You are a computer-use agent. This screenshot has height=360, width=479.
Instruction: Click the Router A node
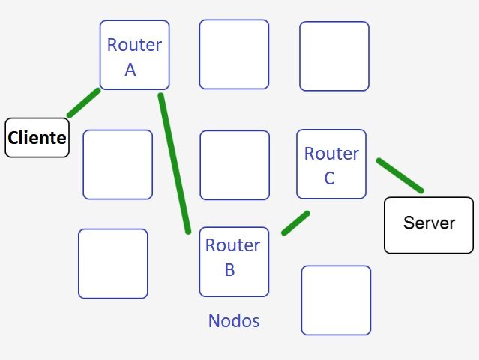point(134,55)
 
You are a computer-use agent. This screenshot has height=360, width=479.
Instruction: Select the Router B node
point(233,262)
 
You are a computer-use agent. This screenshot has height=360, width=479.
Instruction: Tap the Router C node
point(331,164)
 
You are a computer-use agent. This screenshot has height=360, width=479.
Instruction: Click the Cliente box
point(37,137)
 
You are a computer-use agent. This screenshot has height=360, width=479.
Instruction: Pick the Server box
point(428,224)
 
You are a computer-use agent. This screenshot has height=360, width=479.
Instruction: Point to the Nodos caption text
point(234,321)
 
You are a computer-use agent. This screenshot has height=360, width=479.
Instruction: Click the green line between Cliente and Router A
point(83,103)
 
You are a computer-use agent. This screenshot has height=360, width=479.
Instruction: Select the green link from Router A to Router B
point(175,163)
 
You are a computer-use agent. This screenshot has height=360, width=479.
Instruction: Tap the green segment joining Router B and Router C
point(295,223)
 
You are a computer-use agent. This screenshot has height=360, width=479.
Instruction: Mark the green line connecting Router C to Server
point(400,175)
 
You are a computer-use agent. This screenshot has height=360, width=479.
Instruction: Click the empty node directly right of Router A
point(234,54)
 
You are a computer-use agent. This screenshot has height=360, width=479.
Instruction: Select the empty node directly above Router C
point(334,56)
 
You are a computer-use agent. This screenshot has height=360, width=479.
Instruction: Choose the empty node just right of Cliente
point(118,164)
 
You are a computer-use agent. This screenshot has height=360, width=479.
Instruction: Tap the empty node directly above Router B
point(235,165)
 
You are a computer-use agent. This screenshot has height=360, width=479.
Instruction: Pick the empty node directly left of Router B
point(113,263)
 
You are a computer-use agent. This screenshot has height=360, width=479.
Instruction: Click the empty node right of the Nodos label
point(336,299)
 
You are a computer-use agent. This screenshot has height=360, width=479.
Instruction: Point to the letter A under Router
point(130,70)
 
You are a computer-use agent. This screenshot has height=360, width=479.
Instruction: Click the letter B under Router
point(230,270)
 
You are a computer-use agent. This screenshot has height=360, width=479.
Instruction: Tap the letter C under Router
point(329,178)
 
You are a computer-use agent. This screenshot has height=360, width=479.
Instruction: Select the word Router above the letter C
point(331,154)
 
